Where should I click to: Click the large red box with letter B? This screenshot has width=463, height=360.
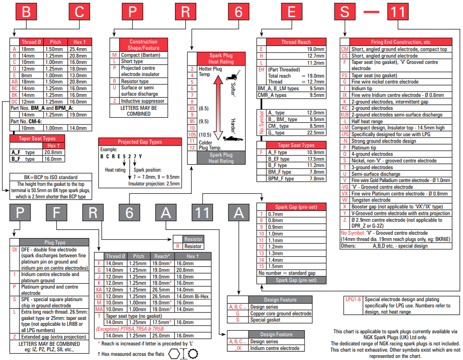tap(26, 13)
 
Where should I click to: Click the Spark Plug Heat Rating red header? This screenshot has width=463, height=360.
tap(221, 58)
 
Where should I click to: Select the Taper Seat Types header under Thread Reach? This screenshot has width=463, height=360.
tap(296, 145)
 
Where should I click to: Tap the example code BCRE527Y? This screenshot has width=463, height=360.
tap(121, 156)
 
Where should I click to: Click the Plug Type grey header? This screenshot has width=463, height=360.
tap(55, 242)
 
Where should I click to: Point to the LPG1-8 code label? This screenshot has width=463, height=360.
tap(353, 299)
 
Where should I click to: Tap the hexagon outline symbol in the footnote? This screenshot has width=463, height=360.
tap(174, 354)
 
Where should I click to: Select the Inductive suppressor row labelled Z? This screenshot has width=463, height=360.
tap(143, 101)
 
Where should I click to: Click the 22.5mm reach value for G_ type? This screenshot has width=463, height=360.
tap(316, 133)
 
